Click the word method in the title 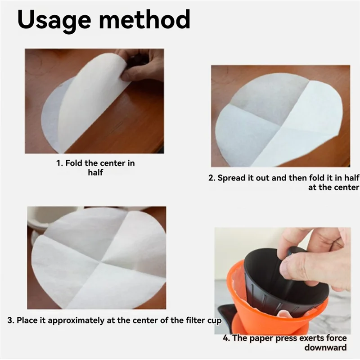pyautogui.click(x=144, y=19)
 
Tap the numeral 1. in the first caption pyautogui.click(x=59, y=163)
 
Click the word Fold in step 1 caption pyautogui.click(x=74, y=163)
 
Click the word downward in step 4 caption pyautogui.click(x=325, y=347)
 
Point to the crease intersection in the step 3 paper pyautogui.click(x=100, y=262)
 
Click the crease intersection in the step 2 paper pyautogui.click(x=280, y=126)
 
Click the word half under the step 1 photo pyautogui.click(x=95, y=172)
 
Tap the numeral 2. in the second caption pyautogui.click(x=211, y=178)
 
